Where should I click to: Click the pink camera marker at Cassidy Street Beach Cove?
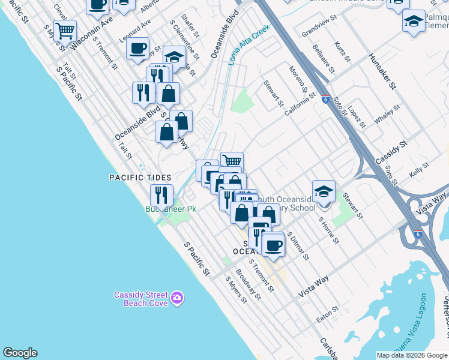click(176, 297)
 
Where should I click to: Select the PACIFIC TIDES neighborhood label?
click(140, 178)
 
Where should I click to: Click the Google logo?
click(20, 353)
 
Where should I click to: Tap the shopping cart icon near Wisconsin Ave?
click(65, 29)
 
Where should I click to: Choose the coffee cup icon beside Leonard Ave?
click(138, 47)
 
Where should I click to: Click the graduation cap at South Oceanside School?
click(324, 191)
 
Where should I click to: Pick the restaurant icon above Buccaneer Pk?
click(161, 194)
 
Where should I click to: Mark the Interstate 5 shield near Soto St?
click(325, 99)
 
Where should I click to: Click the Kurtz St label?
click(343, 52)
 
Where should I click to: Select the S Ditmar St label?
click(298, 246)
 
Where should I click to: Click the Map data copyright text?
click(412, 355)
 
